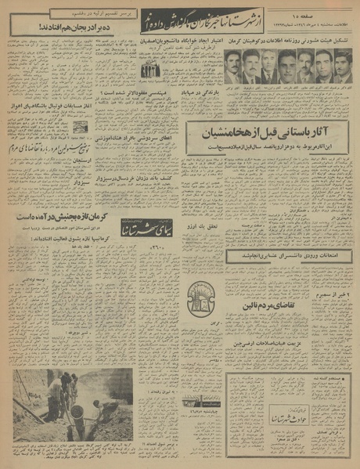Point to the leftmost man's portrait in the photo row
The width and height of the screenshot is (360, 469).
click(232, 67)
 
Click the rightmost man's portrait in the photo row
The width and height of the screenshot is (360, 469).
click(342, 67)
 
